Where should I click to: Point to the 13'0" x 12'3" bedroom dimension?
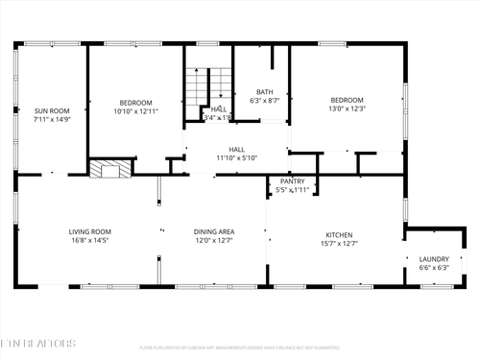(347, 108)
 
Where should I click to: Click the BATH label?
(264, 91)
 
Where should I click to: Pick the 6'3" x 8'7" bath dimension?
(264, 100)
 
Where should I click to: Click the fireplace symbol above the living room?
(108, 169)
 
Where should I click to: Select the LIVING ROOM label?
(90, 231)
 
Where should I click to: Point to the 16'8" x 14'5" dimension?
(90, 240)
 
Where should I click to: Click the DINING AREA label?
(215, 231)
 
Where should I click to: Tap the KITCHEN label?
(339, 234)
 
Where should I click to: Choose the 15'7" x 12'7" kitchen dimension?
(339, 243)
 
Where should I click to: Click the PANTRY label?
(292, 181)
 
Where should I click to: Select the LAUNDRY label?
(434, 259)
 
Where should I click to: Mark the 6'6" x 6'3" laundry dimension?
(434, 268)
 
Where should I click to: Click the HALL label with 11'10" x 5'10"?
(236, 149)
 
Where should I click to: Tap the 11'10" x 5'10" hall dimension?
(236, 157)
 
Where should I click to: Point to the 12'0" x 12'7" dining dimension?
(215, 240)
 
